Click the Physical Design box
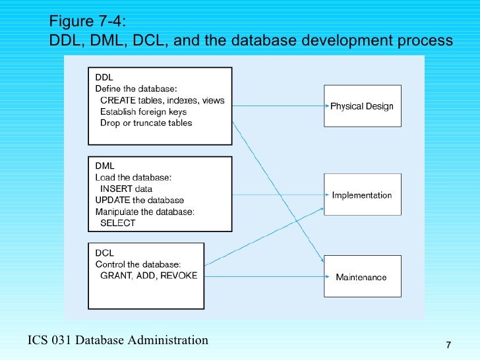361,106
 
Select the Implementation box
361,195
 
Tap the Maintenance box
361,277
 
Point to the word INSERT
116,189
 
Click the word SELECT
117,223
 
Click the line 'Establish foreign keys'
143,111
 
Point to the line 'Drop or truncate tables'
146,123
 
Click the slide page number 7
448,345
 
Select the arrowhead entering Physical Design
324,105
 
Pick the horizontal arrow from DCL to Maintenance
264,277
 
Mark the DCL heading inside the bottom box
104,253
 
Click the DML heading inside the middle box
105,166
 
